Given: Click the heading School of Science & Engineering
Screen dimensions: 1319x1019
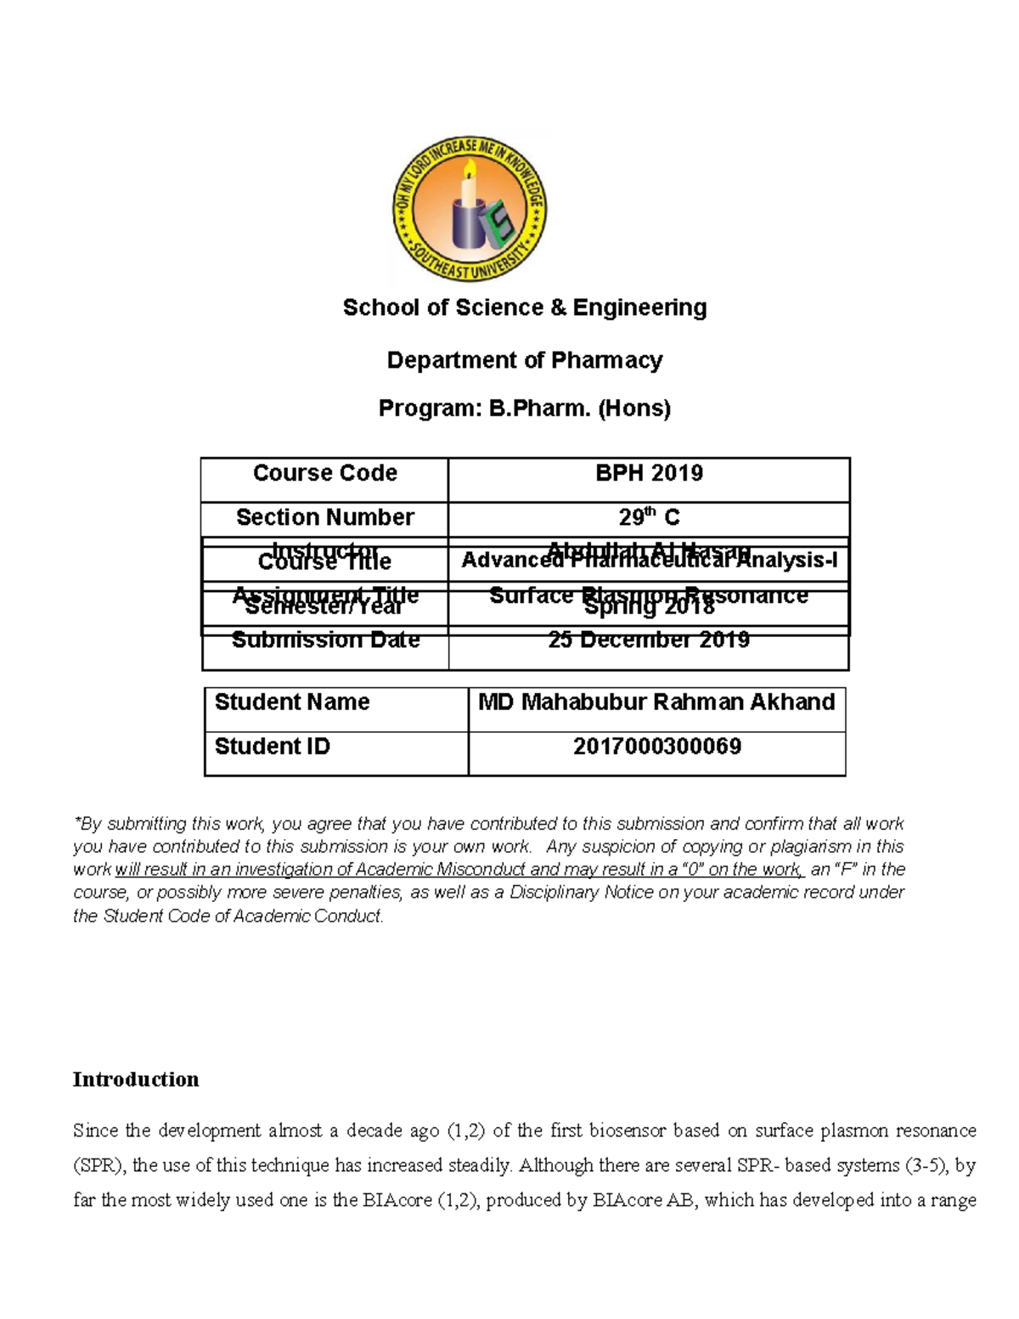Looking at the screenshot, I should click(524, 307).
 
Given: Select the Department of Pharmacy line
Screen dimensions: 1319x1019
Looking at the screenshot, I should click(524, 361).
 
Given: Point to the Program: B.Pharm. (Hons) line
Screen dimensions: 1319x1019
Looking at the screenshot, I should click(524, 409).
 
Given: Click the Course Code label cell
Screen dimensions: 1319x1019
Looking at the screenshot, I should click(324, 473).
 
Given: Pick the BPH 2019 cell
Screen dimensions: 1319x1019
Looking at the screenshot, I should click(649, 473).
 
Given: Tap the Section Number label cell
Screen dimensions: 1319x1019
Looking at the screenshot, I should click(324, 517).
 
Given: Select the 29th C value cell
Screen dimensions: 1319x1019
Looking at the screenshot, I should click(649, 517).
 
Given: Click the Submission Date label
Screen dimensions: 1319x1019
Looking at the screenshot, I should click(325, 640).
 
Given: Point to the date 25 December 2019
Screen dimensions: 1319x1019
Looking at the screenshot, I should click(649, 640).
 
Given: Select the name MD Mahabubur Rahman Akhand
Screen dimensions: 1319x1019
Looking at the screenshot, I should click(656, 702).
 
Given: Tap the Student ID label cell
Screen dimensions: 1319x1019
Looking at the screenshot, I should click(272, 747).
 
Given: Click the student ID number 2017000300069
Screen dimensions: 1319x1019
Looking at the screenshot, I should click(656, 747).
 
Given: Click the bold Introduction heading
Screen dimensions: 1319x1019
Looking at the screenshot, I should click(136, 1079).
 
